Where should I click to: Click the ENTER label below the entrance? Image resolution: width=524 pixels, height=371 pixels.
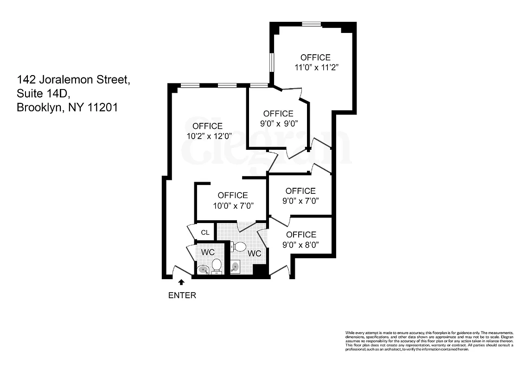coord(182,295)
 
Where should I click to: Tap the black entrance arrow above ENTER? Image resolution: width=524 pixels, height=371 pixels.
coord(181,281)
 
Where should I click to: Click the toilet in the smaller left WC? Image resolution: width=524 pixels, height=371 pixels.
coord(217,266)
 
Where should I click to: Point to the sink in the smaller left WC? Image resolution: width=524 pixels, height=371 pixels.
coord(203,269)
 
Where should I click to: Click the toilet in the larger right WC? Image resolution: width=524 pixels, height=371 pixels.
coord(239,246)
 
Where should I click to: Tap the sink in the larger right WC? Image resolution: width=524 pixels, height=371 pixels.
coord(235,267)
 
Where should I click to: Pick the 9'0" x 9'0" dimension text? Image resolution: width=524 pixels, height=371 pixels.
coord(278,123)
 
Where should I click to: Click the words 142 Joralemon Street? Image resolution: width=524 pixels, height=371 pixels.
coord(73,79)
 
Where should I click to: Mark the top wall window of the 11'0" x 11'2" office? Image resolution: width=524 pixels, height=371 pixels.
coord(311,24)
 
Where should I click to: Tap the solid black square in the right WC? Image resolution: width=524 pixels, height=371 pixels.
coord(261,271)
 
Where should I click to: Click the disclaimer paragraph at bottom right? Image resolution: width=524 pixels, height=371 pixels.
coord(429,340)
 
